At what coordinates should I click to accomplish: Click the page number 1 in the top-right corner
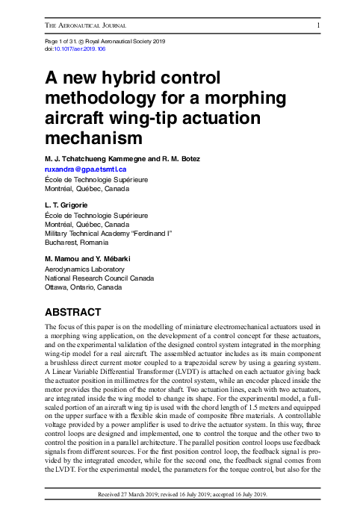[x=319, y=25]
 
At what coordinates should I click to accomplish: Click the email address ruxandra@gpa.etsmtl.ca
[x=86, y=169]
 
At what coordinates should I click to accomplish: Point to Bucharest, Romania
[x=77, y=243]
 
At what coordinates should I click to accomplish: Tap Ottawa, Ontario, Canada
[x=84, y=287]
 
